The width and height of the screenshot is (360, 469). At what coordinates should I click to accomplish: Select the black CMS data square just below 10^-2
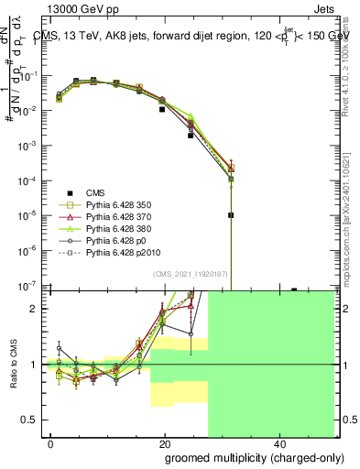[162, 109]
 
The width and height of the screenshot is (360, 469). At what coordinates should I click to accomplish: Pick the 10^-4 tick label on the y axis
[30, 180]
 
